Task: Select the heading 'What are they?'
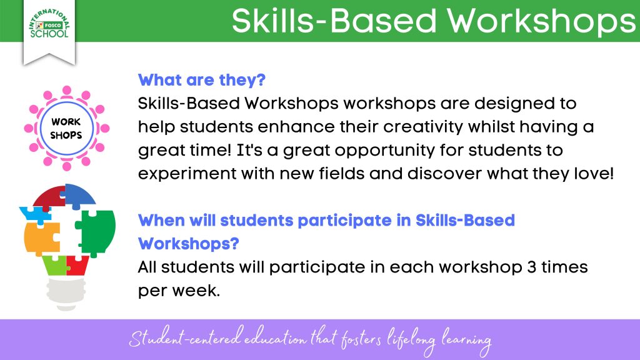(202, 80)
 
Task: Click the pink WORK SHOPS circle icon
(66, 128)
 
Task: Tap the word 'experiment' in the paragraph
(187, 174)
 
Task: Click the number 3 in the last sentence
(531, 267)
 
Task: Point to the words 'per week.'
(179, 291)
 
